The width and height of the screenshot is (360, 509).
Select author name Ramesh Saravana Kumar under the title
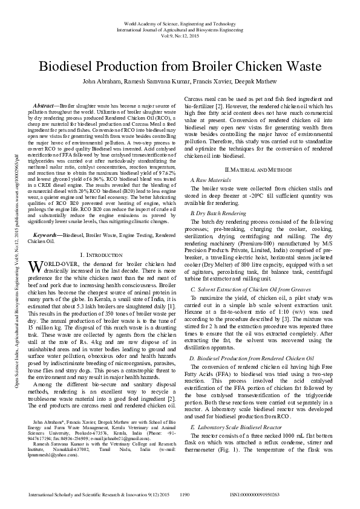(148, 82)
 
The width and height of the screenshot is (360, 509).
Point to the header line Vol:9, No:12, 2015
(180, 34)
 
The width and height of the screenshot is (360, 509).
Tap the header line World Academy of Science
(180, 22)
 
